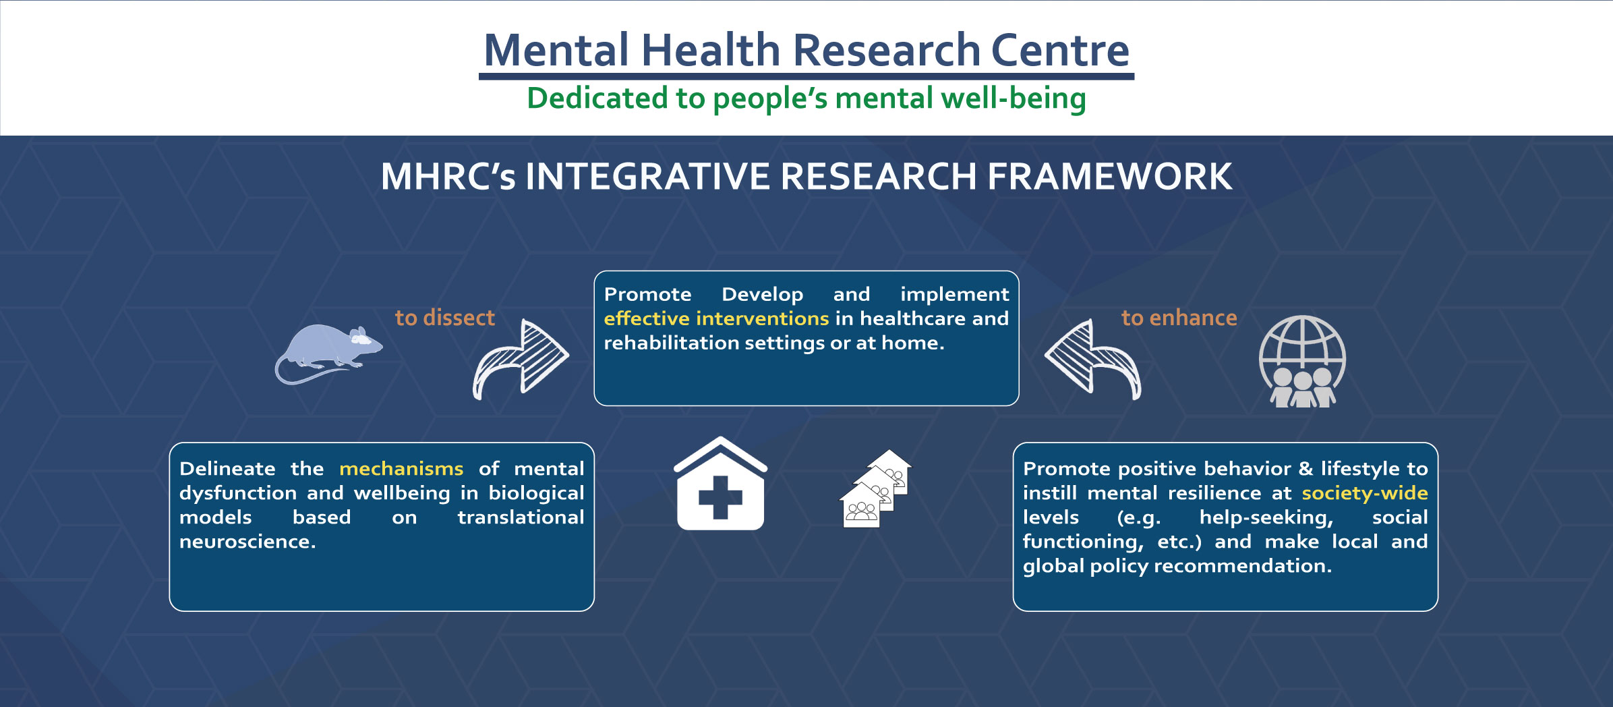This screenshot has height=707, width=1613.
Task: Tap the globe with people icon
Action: [1302, 362]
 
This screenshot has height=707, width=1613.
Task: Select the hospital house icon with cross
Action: [720, 484]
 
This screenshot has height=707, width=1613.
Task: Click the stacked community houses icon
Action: [875, 488]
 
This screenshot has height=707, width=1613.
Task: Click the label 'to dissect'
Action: [444, 318]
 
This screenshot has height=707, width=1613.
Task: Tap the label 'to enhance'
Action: [1179, 318]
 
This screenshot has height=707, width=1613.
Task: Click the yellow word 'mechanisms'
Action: [401, 469]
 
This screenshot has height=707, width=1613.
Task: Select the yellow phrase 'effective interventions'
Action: [716, 318]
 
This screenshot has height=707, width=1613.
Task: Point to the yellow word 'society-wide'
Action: [1364, 493]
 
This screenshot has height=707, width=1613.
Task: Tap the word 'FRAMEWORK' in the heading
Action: [1109, 177]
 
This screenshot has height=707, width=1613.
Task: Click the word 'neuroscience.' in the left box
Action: [247, 542]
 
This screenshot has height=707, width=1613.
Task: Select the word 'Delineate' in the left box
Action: [227, 469]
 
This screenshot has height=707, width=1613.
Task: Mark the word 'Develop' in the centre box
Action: [762, 294]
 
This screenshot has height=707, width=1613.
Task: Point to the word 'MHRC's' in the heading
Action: [448, 177]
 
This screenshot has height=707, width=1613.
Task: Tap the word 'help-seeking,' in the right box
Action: [1266, 517]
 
